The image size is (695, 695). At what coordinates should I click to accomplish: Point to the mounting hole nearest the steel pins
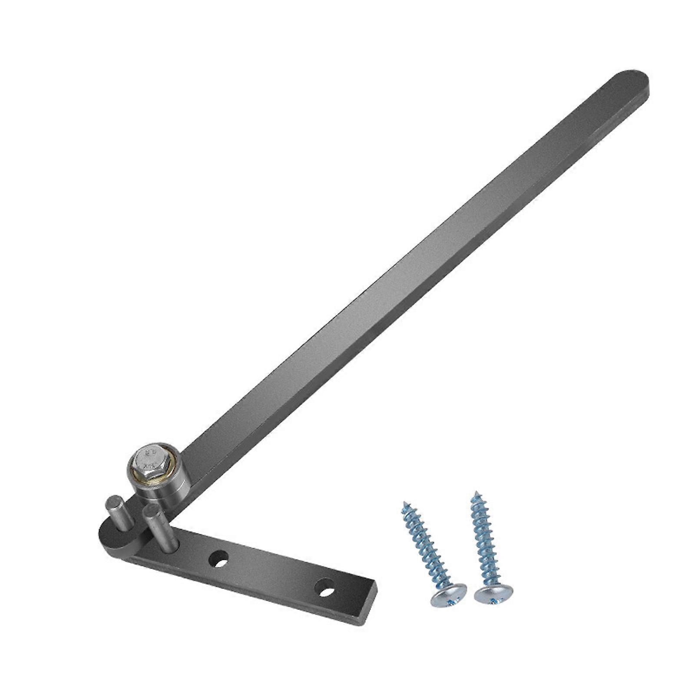[219, 559]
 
